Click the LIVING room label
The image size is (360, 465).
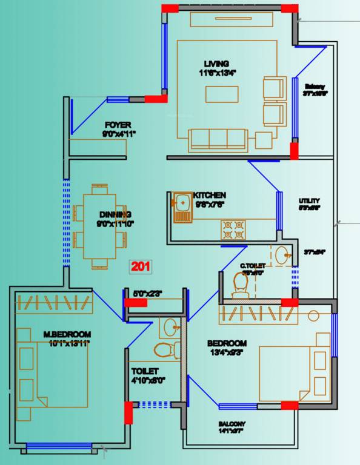pyautogui.click(x=216, y=64)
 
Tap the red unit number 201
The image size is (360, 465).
pyautogui.click(x=141, y=266)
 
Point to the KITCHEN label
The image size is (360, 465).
pyautogui.click(x=210, y=195)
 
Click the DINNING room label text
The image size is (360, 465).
pyautogui.click(x=115, y=214)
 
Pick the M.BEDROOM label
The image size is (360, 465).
pyautogui.click(x=67, y=334)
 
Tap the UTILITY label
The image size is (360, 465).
pyautogui.click(x=309, y=200)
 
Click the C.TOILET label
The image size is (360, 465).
pyautogui.click(x=252, y=265)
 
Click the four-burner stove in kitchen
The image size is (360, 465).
pyautogui.click(x=233, y=229)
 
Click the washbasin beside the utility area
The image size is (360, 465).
pyautogui.click(x=282, y=256)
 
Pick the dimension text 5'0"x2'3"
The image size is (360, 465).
pyautogui.click(x=147, y=294)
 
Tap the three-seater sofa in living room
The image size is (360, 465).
pyautogui.click(x=218, y=139)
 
